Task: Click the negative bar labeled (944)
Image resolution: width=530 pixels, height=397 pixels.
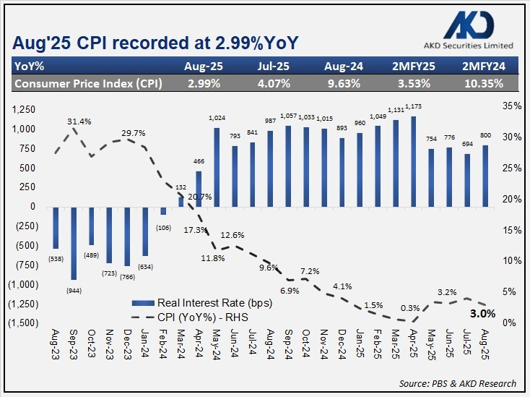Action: click(74, 242)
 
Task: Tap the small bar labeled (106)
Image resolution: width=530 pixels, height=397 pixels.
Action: click(163, 210)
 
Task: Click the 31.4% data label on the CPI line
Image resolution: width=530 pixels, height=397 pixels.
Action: click(79, 121)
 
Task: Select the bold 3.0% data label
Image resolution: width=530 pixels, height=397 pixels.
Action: click(482, 314)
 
